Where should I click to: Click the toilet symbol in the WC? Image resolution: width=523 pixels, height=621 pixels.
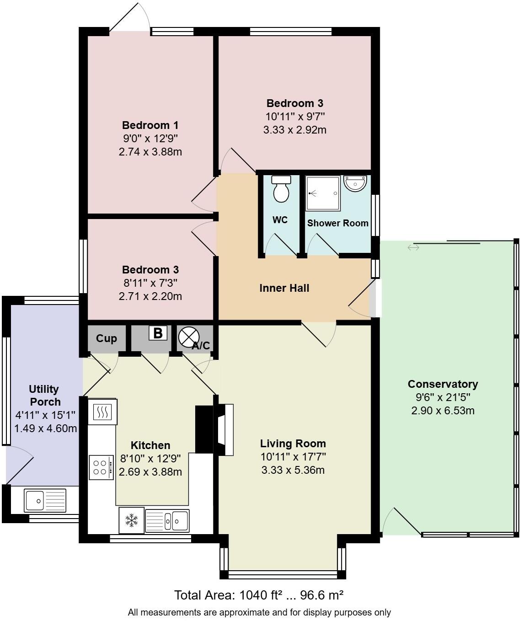(x=281, y=189)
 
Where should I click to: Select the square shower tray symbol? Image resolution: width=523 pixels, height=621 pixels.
(x=323, y=193)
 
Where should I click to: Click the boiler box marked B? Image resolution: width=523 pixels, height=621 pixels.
(x=158, y=333)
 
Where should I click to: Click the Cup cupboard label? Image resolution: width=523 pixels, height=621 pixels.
(x=107, y=338)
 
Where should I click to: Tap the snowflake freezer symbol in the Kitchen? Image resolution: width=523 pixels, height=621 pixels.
(x=132, y=520)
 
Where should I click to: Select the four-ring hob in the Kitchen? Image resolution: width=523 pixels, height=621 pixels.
(x=101, y=467)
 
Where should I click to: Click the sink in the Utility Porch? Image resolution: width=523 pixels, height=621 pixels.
(x=45, y=500)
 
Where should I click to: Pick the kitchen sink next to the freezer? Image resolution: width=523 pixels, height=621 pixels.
(x=167, y=520)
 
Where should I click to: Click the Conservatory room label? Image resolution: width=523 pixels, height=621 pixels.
(x=443, y=384)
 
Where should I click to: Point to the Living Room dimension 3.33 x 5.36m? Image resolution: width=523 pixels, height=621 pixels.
(x=293, y=470)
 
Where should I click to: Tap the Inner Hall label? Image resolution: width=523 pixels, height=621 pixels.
(x=284, y=288)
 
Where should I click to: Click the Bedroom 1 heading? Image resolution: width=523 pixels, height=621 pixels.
(x=150, y=125)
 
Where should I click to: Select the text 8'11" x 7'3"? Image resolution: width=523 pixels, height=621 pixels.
(x=150, y=283)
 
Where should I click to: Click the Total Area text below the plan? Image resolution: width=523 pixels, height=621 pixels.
(x=258, y=595)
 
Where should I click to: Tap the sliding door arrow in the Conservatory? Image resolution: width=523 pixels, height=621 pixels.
(x=413, y=247)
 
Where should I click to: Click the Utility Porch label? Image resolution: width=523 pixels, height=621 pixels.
(x=44, y=395)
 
